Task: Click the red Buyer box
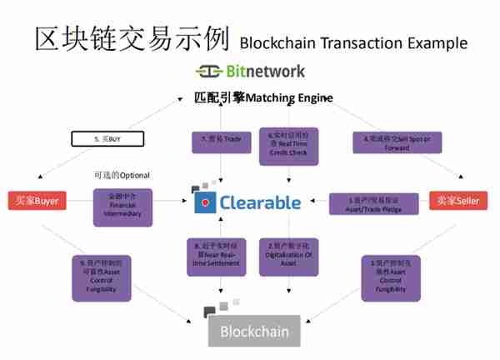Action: pyautogui.click(x=37, y=201)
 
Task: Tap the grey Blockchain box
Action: pyautogui.click(x=254, y=331)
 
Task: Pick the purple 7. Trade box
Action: pyautogui.click(x=219, y=139)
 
